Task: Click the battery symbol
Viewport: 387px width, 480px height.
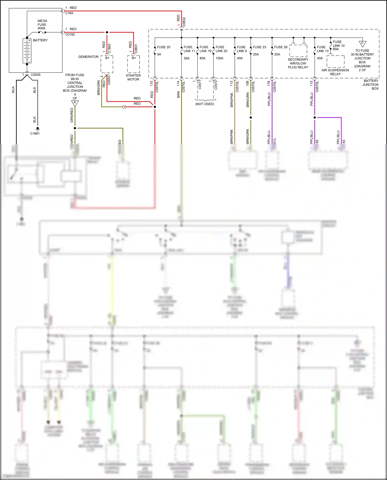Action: click(27, 51)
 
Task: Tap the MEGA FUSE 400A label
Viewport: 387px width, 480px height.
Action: click(42, 25)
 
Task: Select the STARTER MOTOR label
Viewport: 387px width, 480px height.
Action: click(133, 77)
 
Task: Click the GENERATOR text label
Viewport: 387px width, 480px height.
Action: click(88, 57)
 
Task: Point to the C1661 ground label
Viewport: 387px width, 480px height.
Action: click(35, 134)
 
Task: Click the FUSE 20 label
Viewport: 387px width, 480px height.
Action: click(164, 47)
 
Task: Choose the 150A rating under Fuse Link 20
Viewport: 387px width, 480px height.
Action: click(219, 58)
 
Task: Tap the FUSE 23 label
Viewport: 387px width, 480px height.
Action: click(259, 47)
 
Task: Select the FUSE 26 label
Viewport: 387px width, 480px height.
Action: click(281, 47)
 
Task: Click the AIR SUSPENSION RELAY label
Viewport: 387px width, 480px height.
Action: click(335, 72)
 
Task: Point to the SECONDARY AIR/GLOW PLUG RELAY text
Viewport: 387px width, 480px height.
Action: click(298, 63)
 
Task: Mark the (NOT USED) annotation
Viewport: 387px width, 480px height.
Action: click(205, 104)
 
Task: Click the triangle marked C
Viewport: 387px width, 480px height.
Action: click(362, 44)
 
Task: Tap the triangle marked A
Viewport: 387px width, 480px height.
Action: click(75, 103)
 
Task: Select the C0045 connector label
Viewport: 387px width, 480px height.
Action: click(36, 75)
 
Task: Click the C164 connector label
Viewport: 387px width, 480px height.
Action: click(69, 13)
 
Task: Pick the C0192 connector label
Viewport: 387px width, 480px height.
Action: click(70, 35)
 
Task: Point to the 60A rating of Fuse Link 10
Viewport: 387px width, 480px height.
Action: click(336, 49)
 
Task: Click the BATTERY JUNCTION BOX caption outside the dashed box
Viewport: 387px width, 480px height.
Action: click(371, 85)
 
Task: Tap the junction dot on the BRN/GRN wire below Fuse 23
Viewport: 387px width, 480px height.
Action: click(251, 118)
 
